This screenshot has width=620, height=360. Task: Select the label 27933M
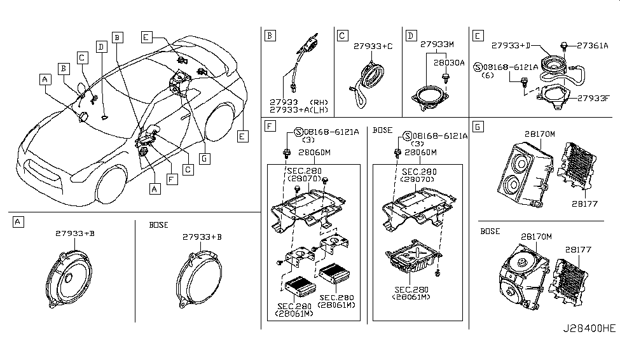coord(437,45)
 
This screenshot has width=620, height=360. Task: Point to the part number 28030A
coord(449,64)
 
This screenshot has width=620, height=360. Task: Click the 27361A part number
coord(593,45)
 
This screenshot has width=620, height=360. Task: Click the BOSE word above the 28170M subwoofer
coord(490,232)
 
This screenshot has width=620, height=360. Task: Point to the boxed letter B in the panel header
coord(270,36)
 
